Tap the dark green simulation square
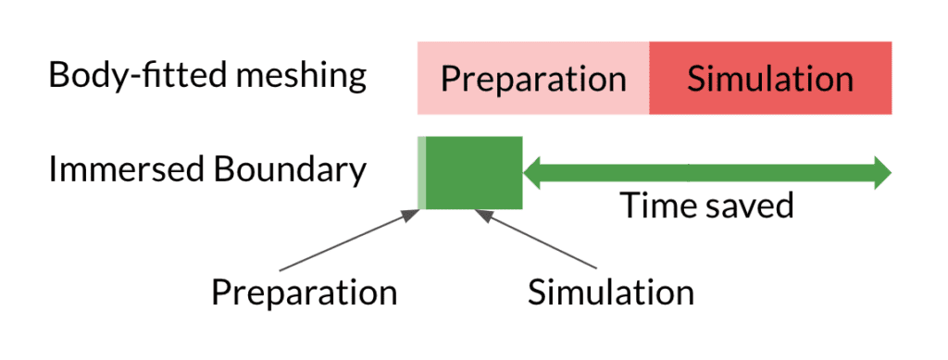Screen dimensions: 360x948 [474, 172]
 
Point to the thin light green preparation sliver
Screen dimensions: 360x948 [421, 172]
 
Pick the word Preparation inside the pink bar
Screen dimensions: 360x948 [533, 79]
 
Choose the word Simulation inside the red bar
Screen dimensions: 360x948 [770, 79]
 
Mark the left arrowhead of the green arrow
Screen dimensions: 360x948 [533, 172]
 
